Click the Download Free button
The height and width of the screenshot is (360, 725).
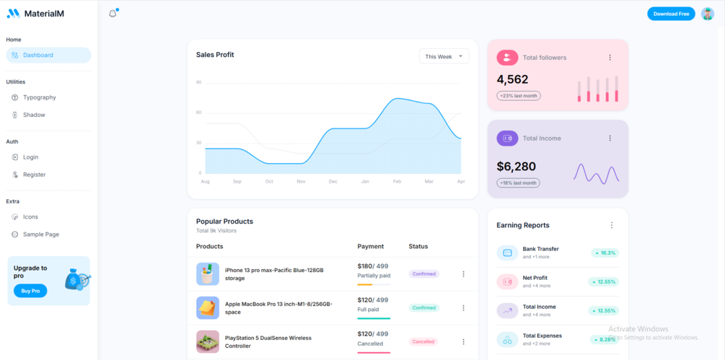(671, 14)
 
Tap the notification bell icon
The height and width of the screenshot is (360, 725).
(113, 14)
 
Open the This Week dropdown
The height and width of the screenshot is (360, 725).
(444, 56)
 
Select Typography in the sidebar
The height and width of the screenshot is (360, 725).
(39, 97)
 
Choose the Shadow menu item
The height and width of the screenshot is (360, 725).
(33, 115)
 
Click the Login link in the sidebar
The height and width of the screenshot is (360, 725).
(30, 157)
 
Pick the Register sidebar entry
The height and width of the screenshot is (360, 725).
(34, 175)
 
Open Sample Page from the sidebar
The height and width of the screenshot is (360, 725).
(40, 234)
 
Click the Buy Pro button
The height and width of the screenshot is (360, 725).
(30, 291)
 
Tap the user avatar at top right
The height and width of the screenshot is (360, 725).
(707, 14)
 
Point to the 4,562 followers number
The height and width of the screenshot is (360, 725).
(512, 79)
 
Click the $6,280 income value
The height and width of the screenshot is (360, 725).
(516, 167)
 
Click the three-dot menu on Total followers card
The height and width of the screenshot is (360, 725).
(610, 58)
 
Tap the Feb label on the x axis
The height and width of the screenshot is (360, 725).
(397, 182)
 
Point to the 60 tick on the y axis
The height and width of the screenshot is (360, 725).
(198, 113)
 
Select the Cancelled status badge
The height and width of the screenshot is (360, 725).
(423, 342)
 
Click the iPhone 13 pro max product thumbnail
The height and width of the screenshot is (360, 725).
(208, 274)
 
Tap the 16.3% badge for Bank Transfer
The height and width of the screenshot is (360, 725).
(605, 253)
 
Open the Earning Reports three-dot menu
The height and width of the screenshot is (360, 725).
(612, 225)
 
